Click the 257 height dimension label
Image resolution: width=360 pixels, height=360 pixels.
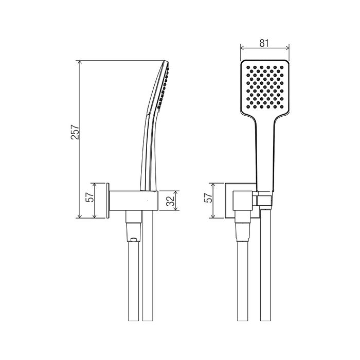75,132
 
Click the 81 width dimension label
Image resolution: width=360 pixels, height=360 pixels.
264,43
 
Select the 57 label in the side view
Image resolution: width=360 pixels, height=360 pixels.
90,197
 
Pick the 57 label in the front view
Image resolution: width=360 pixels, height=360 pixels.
208,197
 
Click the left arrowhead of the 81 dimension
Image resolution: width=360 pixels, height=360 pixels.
242,48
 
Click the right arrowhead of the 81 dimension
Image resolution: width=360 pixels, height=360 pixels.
287,48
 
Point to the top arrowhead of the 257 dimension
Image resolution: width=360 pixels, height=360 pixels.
80,63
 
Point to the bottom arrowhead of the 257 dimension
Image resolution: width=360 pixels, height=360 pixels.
80,216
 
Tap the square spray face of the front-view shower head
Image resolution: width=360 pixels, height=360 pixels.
265,87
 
